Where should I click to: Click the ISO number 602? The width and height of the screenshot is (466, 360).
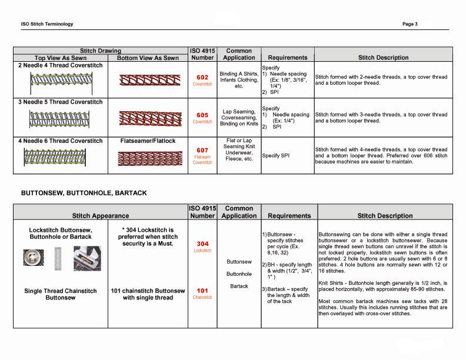coord(202,77)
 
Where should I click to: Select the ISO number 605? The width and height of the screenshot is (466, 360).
coord(202,115)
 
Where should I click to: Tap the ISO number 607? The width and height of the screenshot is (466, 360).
coord(202,151)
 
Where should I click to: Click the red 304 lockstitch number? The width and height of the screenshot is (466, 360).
coord(202,244)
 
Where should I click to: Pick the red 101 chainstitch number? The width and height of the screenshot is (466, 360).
coord(202,291)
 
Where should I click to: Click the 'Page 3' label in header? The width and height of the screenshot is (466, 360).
coord(410,24)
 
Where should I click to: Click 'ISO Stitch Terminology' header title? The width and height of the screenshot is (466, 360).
coord(46,24)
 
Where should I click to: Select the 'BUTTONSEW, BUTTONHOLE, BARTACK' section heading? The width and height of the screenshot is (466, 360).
coord(84,193)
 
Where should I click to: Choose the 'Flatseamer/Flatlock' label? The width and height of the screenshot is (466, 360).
coord(147,141)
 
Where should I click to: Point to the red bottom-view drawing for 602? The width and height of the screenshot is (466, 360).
coord(147,81)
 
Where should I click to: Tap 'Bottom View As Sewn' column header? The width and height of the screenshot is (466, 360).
coord(147,58)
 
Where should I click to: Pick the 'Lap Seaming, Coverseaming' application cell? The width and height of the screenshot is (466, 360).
coord(239,118)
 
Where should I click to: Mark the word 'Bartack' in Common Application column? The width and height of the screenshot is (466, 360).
coord(239,286)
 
